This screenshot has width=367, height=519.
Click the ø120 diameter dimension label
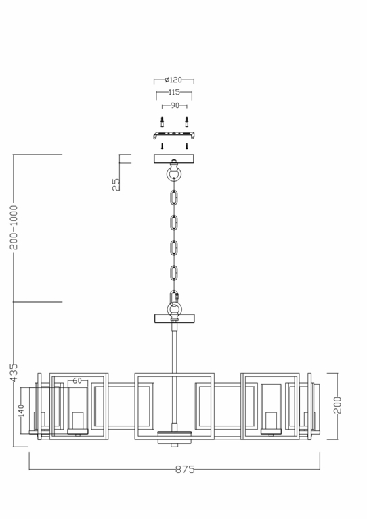[x=173, y=80]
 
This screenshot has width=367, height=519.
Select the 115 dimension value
[x=174, y=93]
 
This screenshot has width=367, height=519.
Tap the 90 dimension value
[x=174, y=105]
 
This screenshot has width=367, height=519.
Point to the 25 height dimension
[x=116, y=183]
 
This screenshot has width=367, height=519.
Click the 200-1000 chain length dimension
[x=14, y=227]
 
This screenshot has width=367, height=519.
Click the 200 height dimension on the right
[x=338, y=404]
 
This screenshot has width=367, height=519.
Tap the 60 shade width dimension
[x=77, y=381]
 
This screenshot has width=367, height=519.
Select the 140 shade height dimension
[x=21, y=410]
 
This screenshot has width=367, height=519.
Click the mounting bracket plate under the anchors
[x=174, y=134]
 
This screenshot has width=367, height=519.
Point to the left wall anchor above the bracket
[x=163, y=122]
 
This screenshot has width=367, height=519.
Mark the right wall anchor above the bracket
[x=186, y=122]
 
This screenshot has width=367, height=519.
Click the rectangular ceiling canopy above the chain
[x=174, y=159]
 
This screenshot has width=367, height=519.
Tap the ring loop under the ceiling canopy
[x=175, y=175]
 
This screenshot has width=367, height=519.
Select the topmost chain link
[x=175, y=198]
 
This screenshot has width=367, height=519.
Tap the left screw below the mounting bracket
[x=163, y=145]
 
